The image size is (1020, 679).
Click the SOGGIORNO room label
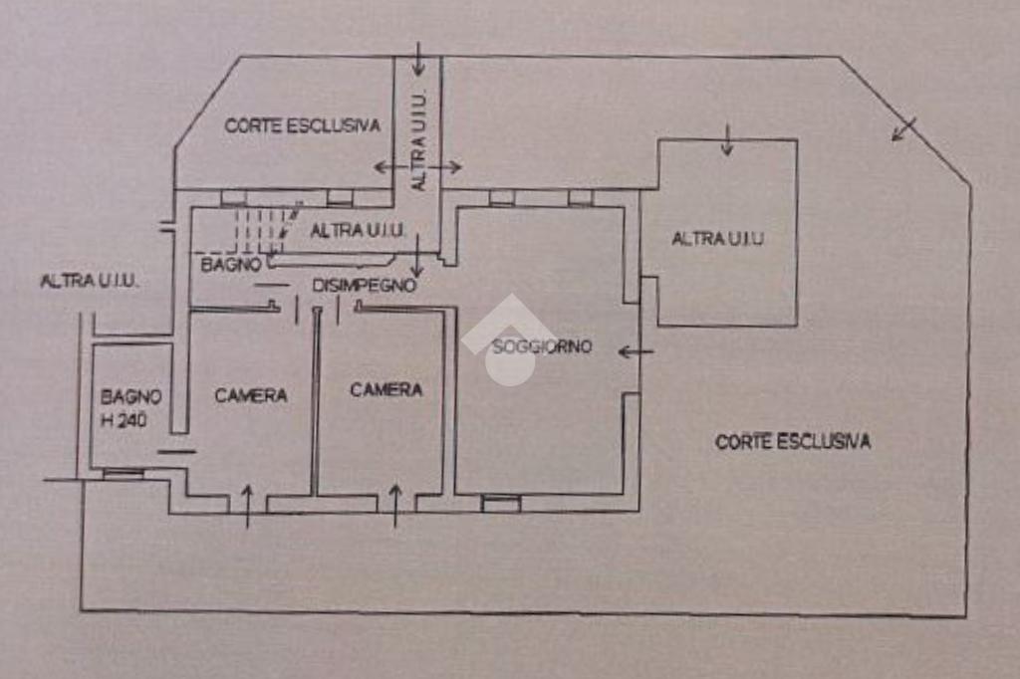[541, 346]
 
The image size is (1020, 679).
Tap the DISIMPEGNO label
[364, 286]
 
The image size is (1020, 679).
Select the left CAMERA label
[251, 395]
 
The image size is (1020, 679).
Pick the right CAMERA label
[386, 389]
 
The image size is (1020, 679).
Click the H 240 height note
[125, 420]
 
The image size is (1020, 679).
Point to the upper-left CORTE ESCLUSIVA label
[302, 125]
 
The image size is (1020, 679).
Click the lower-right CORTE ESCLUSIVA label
[793, 441]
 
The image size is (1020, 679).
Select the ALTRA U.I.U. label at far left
[90, 282]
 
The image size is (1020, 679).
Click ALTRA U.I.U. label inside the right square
[718, 239]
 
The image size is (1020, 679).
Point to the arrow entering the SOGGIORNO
[636, 350]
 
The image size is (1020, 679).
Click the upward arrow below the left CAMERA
[248, 505]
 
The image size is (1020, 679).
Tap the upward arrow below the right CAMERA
[394, 504]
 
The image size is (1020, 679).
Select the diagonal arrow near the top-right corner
[903, 129]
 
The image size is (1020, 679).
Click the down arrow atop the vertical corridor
[418, 60]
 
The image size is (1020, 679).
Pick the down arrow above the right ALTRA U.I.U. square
[727, 140]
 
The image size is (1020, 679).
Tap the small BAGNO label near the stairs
[231, 265]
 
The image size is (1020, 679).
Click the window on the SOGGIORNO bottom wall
[501, 504]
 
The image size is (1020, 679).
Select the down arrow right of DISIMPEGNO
[416, 257]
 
